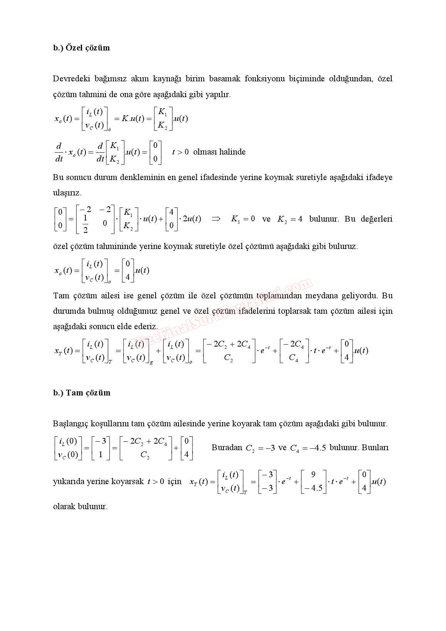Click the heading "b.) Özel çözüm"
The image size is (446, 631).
tap(81, 48)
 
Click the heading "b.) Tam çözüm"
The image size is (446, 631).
tap(82, 393)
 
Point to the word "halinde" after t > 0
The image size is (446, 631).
tap(232, 152)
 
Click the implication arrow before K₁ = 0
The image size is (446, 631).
tap(216, 219)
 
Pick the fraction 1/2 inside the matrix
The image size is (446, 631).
tap(85, 224)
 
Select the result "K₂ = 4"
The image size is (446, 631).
tap(290, 219)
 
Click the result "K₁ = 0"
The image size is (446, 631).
tap(243, 219)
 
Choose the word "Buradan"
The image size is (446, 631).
tap(227, 448)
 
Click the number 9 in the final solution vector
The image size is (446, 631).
tap(313, 475)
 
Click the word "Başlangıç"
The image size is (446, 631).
tap(70, 424)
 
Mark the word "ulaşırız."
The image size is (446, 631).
tap(67, 193)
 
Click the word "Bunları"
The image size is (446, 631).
tap(375, 448)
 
